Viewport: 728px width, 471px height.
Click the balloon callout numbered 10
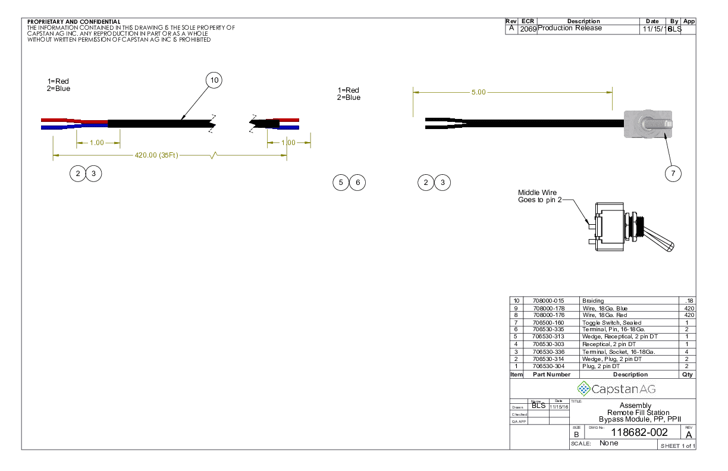214,80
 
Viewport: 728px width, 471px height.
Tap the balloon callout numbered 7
673,173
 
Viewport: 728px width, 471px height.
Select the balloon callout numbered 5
341,183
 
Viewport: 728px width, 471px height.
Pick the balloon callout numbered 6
357,183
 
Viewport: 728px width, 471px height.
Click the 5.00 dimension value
478,92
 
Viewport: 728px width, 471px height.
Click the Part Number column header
551,375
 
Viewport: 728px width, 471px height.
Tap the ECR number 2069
528,29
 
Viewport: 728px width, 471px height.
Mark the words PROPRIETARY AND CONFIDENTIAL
74,22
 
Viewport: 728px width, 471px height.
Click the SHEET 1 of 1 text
677,446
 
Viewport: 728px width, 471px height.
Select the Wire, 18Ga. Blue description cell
604,308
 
